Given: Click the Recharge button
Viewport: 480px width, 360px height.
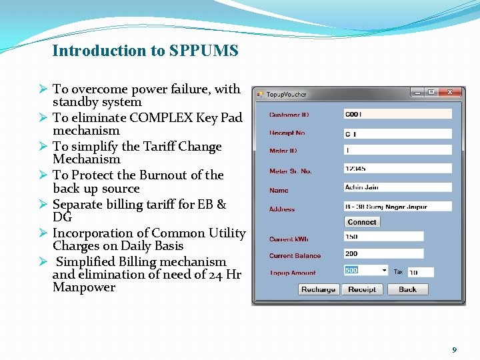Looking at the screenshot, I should tap(319, 289).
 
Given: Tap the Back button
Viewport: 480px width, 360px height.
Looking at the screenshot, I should tap(407, 289).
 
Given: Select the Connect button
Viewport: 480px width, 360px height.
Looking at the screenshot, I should tap(362, 222).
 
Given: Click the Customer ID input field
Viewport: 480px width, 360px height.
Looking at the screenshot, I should tap(397, 114).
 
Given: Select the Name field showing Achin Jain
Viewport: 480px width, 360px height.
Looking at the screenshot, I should tap(397, 187).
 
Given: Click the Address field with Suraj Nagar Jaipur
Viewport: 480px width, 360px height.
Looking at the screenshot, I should tap(397, 206).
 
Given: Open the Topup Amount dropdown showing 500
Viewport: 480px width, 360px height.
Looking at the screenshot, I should tap(366, 271).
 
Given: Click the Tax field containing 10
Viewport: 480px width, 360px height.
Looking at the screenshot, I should tap(421, 272).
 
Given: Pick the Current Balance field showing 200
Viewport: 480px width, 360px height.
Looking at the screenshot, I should tap(383, 253).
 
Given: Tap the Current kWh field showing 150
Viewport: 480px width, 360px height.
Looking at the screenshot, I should tap(383, 236).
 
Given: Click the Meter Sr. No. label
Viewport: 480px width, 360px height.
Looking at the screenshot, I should tap(290, 171).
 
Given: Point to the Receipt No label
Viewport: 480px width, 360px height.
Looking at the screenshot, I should tap(287, 133).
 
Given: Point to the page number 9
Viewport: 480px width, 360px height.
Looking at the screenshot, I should tap(454, 349).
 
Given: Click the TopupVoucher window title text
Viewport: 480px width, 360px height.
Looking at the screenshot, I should tap(287, 95).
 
